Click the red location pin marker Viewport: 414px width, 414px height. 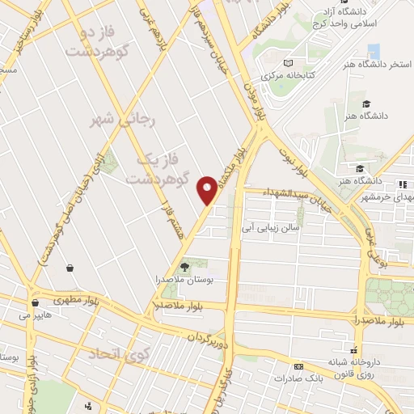pos(208,191)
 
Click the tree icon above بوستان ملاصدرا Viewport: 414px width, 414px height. pos(184,265)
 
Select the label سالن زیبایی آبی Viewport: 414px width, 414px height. pos(270,228)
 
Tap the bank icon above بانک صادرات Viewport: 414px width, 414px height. pos(299,365)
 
